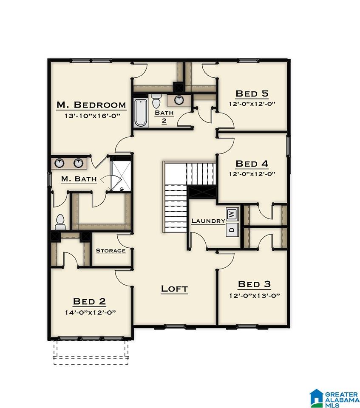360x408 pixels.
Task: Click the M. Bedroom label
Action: pyautogui.click(x=91, y=105)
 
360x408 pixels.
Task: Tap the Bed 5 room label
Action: pyautogui.click(x=252, y=93)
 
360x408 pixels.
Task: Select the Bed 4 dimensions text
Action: pyautogui.click(x=252, y=174)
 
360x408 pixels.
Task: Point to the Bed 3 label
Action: pyautogui.click(x=254, y=284)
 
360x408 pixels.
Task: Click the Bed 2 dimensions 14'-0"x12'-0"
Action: pyautogui.click(x=91, y=312)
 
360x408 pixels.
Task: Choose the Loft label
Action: pyautogui.click(x=174, y=289)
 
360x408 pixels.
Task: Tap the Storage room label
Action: pyautogui.click(x=111, y=251)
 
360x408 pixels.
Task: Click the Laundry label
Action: pyautogui.click(x=208, y=221)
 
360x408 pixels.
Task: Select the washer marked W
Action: pyautogui.click(x=232, y=214)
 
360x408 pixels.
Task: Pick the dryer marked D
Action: pyautogui.click(x=232, y=229)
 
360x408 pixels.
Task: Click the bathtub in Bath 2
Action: pyautogui.click(x=141, y=113)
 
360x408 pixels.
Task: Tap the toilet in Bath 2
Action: pyautogui.click(x=156, y=101)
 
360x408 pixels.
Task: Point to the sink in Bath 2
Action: pyautogui.click(x=179, y=99)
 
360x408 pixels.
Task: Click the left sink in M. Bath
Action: pyautogui.click(x=60, y=163)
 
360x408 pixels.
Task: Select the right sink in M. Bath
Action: pyautogui.click(x=78, y=163)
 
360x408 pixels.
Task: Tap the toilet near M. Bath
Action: pyautogui.click(x=60, y=222)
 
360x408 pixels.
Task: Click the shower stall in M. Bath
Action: pyautogui.click(x=121, y=176)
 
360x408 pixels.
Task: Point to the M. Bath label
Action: pyautogui.click(x=79, y=179)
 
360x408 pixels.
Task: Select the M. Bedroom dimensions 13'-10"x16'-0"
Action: pyautogui.click(x=92, y=116)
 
